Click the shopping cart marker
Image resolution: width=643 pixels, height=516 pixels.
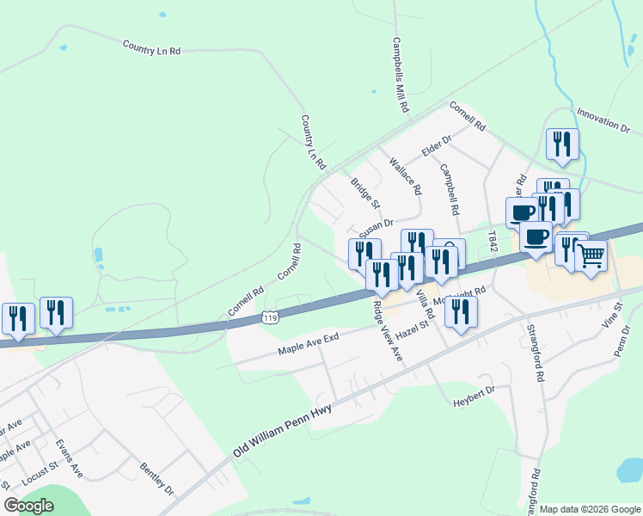pyautogui.click(x=591, y=255)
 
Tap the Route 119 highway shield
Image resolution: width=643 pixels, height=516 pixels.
pyautogui.click(x=271, y=318)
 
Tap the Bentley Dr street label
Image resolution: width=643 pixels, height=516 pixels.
pyautogui.click(x=156, y=478)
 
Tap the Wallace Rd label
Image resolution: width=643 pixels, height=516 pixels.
pyautogui.click(x=405, y=175)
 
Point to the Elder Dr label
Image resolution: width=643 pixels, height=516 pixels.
pyautogui.click(x=437, y=146)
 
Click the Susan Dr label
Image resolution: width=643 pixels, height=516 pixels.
pyautogui.click(x=376, y=227)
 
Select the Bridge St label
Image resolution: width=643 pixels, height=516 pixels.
pyautogui.click(x=364, y=193)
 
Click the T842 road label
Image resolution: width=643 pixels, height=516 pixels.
pyautogui.click(x=493, y=240)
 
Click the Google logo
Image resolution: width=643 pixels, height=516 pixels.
pyautogui.click(x=28, y=506)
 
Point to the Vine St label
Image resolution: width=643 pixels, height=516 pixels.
pyautogui.click(x=614, y=316)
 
